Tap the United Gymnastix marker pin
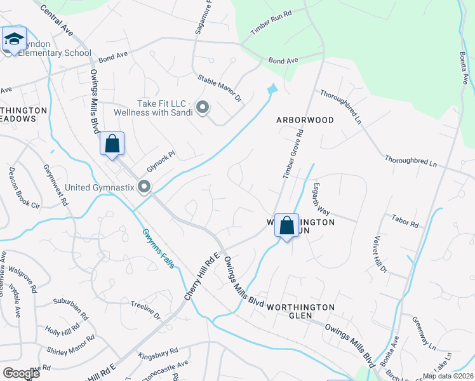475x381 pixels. pos(145,186)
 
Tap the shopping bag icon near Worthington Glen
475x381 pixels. pos(287,225)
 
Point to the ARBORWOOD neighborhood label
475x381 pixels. pos(305,119)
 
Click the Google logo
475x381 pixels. pos(21,373)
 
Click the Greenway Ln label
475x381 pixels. pos(424,333)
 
